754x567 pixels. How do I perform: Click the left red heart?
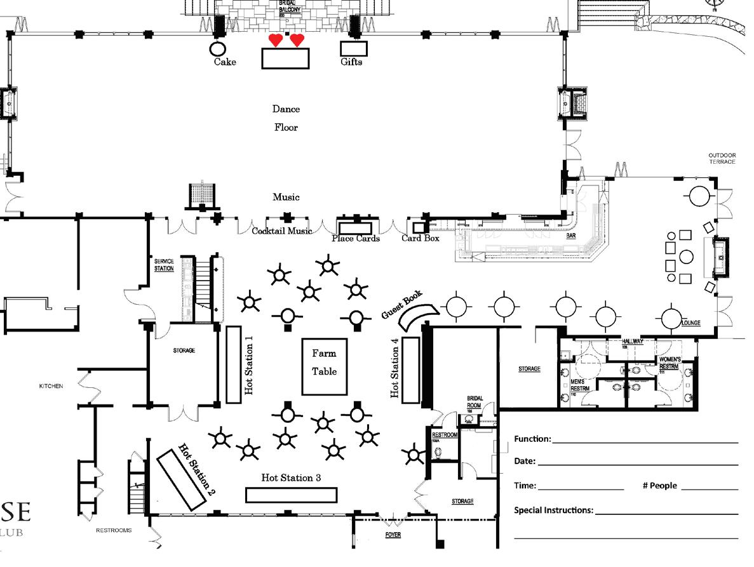coord(275,41)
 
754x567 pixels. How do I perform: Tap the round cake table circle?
coord(217,49)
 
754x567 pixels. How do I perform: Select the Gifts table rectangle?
coord(354,48)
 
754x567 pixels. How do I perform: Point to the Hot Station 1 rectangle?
coord(233,364)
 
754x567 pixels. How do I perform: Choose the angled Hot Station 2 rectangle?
coord(182,479)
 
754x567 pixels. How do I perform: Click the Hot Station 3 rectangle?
coord(291,495)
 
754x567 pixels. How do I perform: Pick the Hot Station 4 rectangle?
coord(411,370)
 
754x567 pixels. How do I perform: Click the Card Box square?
coord(419,227)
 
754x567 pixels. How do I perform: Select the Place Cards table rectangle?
coord(355,228)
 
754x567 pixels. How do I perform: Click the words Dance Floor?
coord(286,118)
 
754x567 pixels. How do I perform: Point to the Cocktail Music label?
coord(282,231)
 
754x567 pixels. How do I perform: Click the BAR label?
coord(570,236)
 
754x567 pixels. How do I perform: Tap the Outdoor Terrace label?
coord(722,158)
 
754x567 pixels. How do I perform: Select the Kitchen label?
coord(51,386)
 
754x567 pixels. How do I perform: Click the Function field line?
coord(645,440)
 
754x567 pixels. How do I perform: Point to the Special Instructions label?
coord(553,510)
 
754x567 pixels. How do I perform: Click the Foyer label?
coord(393,535)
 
